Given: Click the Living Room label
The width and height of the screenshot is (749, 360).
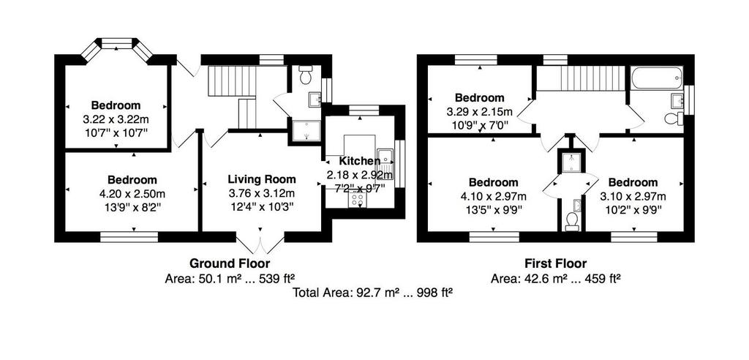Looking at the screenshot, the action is pos(262,179).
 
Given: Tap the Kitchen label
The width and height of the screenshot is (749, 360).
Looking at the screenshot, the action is pos(360,161).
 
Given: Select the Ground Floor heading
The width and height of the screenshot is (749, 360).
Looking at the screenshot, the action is pos(230,263).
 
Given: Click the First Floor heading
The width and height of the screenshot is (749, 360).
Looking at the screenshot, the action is pos(556,263).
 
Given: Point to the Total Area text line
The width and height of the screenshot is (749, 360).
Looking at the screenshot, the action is pos(372,293).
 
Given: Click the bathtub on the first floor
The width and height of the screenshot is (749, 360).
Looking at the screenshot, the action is pos(656,78).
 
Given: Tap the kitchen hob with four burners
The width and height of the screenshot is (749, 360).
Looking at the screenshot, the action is pos(357,200).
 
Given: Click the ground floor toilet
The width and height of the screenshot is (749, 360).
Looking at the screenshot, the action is pos(305,75).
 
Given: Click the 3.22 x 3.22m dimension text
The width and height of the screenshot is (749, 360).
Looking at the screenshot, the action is pos(116,118).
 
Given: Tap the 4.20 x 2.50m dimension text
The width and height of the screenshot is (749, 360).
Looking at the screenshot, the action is pos(132,194).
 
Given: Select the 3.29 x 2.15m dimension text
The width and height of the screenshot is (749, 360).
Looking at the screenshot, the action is pos(480,112).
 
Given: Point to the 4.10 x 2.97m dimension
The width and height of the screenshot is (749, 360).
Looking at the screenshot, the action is pos(494,196).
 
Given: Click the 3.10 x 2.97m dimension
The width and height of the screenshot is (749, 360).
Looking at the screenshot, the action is pos(633,196).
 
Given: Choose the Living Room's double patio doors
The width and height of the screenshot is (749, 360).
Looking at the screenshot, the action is pos(260,242).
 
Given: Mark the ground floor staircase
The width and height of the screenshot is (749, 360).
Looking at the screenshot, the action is pos(233,97).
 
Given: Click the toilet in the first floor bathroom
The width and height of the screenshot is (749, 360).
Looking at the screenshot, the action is pos(674,118).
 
